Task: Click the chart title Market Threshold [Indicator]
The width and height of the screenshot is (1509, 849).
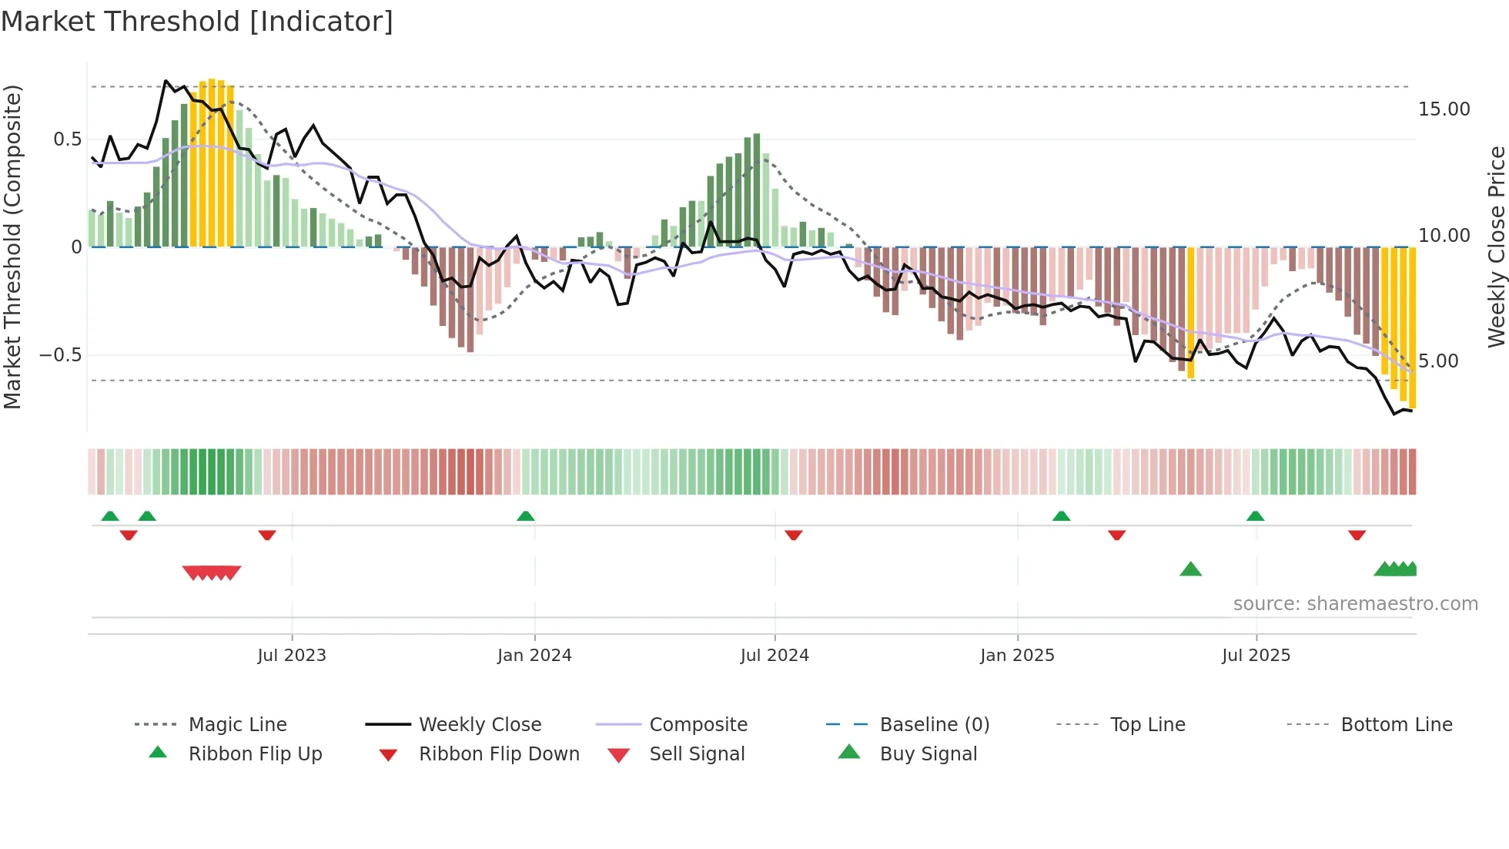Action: [197, 22]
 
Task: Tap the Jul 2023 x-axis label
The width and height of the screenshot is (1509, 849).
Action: [292, 656]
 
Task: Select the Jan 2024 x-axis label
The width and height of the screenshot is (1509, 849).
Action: [534, 656]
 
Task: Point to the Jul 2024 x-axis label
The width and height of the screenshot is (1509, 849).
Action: [775, 656]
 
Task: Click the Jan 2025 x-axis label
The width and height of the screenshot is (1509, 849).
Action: [1017, 656]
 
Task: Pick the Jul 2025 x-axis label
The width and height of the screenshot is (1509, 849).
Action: [1256, 656]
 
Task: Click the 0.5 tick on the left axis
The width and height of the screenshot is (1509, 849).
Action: [67, 139]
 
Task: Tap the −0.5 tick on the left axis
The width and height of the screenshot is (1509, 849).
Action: [61, 355]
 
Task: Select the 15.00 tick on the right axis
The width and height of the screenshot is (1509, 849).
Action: [1444, 109]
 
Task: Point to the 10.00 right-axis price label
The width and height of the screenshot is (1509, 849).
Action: [1444, 236]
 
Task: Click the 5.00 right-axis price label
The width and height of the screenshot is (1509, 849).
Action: [1438, 361]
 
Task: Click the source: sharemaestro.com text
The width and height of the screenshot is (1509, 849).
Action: [1355, 604]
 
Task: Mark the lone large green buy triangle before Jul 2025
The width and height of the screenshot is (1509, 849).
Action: [1190, 569]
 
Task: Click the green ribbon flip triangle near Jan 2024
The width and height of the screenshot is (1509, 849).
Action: [526, 516]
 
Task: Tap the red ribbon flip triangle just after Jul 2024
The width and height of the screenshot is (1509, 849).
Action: [794, 535]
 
